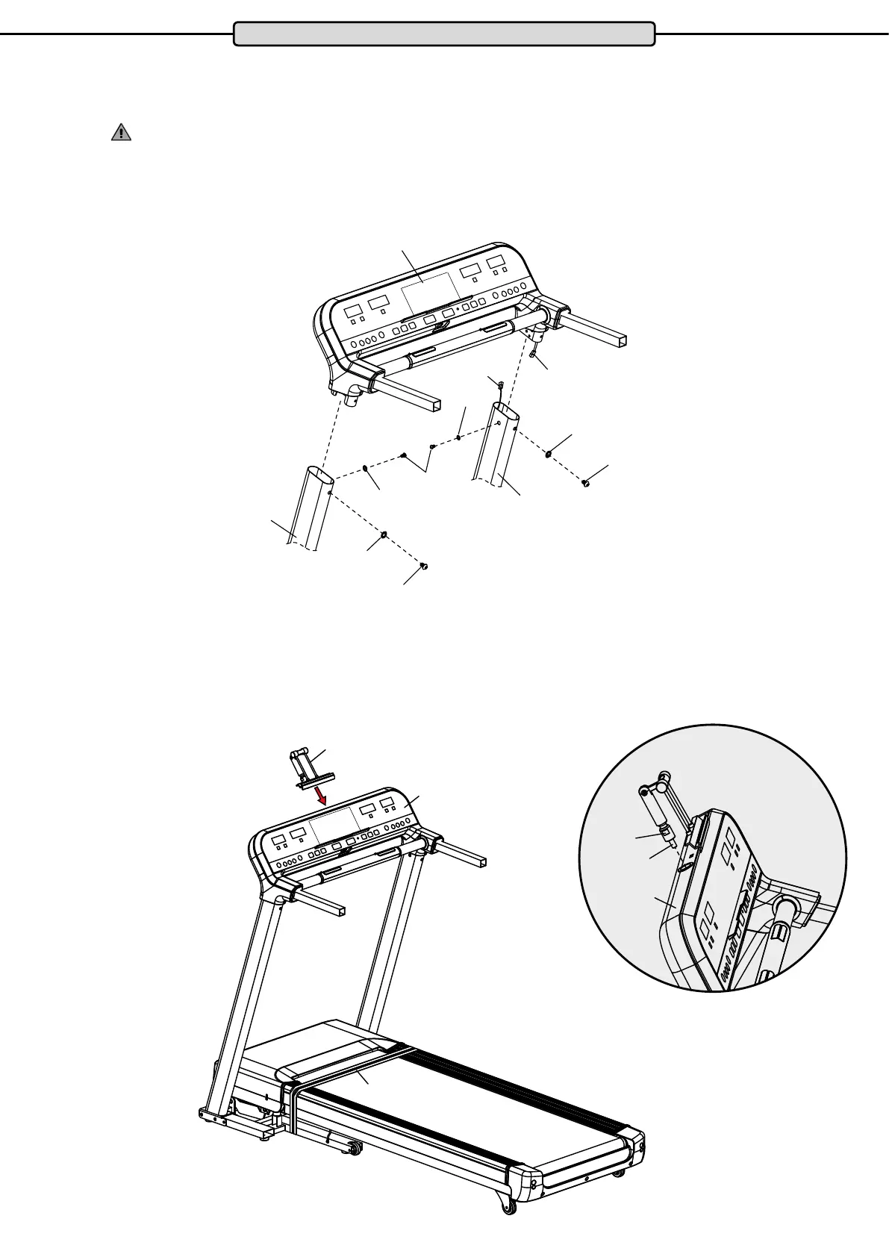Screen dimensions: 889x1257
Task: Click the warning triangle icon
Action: pyautogui.click(x=121, y=133)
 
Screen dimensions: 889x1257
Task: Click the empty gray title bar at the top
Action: pyautogui.click(x=444, y=34)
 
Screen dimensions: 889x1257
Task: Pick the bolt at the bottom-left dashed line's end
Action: pyautogui.click(x=423, y=567)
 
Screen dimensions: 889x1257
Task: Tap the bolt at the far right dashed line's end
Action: pyautogui.click(x=586, y=484)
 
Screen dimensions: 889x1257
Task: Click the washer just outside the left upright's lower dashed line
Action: pyautogui.click(x=384, y=534)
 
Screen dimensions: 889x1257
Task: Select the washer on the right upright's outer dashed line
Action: pyautogui.click(x=549, y=452)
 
